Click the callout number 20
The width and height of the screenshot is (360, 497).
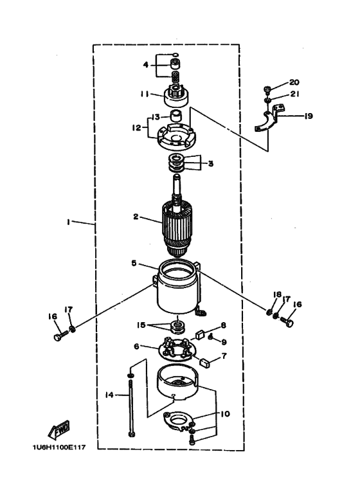pos(294,82)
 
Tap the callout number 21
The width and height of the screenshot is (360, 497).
pos(294,94)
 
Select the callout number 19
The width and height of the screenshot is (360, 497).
pos(308,116)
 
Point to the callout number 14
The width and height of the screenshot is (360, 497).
pos(109,395)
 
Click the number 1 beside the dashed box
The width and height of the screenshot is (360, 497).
pos(68,222)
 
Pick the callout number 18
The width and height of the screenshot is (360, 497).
pos(277,294)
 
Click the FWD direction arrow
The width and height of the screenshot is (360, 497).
pos(59,430)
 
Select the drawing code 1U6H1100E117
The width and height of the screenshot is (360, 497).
pos(59,447)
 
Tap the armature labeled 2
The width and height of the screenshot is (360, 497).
pos(175,228)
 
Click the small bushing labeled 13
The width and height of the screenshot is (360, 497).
pos(176,116)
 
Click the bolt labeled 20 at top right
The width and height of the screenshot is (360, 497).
pos(267,90)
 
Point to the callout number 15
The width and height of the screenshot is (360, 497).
pos(141,325)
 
